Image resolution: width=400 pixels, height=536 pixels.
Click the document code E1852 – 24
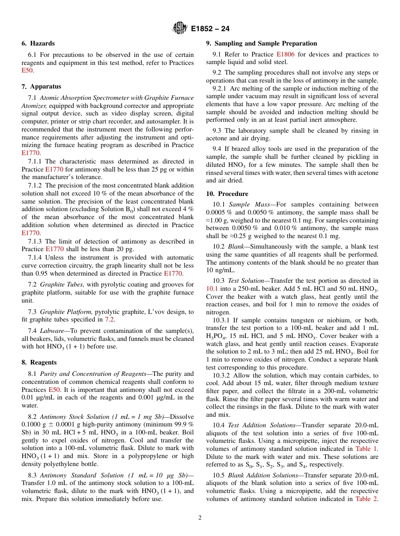pos(210,29)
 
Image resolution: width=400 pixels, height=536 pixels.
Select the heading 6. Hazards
pos(38,43)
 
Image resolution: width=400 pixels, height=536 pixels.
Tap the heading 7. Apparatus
pos(41,86)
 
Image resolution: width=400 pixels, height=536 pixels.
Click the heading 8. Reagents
pos(39,362)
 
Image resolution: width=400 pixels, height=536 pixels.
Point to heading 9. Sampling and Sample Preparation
pos(261,43)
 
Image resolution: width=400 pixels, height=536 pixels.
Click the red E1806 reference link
pos(285,54)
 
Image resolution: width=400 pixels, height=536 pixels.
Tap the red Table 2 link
pos(366,499)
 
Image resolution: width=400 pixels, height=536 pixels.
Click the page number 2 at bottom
pos(200,518)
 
